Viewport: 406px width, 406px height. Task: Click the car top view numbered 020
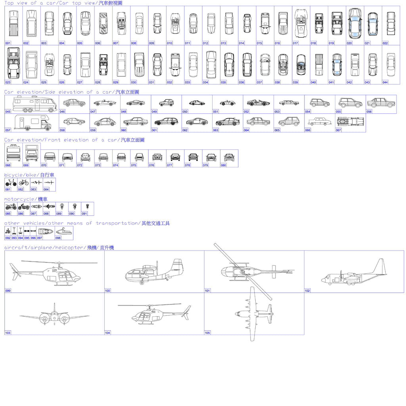[355, 23]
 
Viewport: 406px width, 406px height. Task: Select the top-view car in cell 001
[13, 23]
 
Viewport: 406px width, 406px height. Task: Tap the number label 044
[385, 82]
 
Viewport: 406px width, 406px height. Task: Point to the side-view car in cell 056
[381, 103]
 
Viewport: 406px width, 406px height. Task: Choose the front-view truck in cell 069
[31, 153]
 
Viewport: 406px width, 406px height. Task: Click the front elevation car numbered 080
[229, 157]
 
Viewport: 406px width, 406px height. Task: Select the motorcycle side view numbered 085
[11, 207]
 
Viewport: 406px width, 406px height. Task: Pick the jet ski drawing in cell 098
[64, 232]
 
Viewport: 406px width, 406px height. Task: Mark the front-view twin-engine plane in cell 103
[55, 316]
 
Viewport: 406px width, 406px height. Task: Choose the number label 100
[107, 291]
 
